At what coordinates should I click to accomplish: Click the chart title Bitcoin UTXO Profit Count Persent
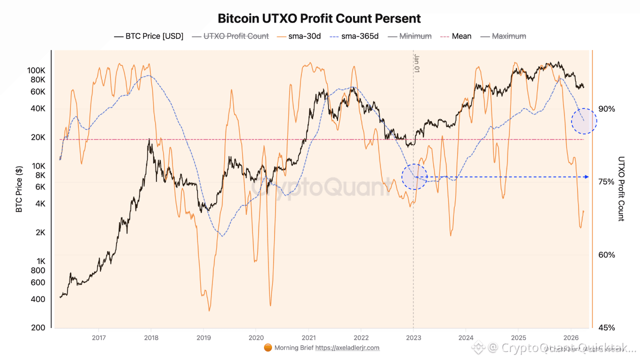point(319,19)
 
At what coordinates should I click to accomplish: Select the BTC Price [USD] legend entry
point(148,36)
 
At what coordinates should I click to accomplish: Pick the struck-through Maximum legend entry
point(503,36)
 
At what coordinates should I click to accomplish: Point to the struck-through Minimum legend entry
point(409,36)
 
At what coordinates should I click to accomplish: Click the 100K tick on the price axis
point(36,70)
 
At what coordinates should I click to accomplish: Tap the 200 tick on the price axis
point(39,328)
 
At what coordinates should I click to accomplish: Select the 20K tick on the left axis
point(38,137)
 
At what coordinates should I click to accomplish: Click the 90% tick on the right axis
point(606,109)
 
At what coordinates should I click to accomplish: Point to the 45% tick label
point(606,328)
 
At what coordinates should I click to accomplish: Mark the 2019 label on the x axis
point(203,337)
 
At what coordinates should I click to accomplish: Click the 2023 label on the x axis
point(413,337)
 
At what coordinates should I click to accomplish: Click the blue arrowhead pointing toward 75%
point(586,177)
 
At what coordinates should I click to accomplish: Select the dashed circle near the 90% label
point(584,121)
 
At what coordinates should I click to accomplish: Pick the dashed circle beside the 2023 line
point(414,176)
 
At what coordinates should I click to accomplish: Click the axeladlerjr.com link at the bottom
point(347,348)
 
